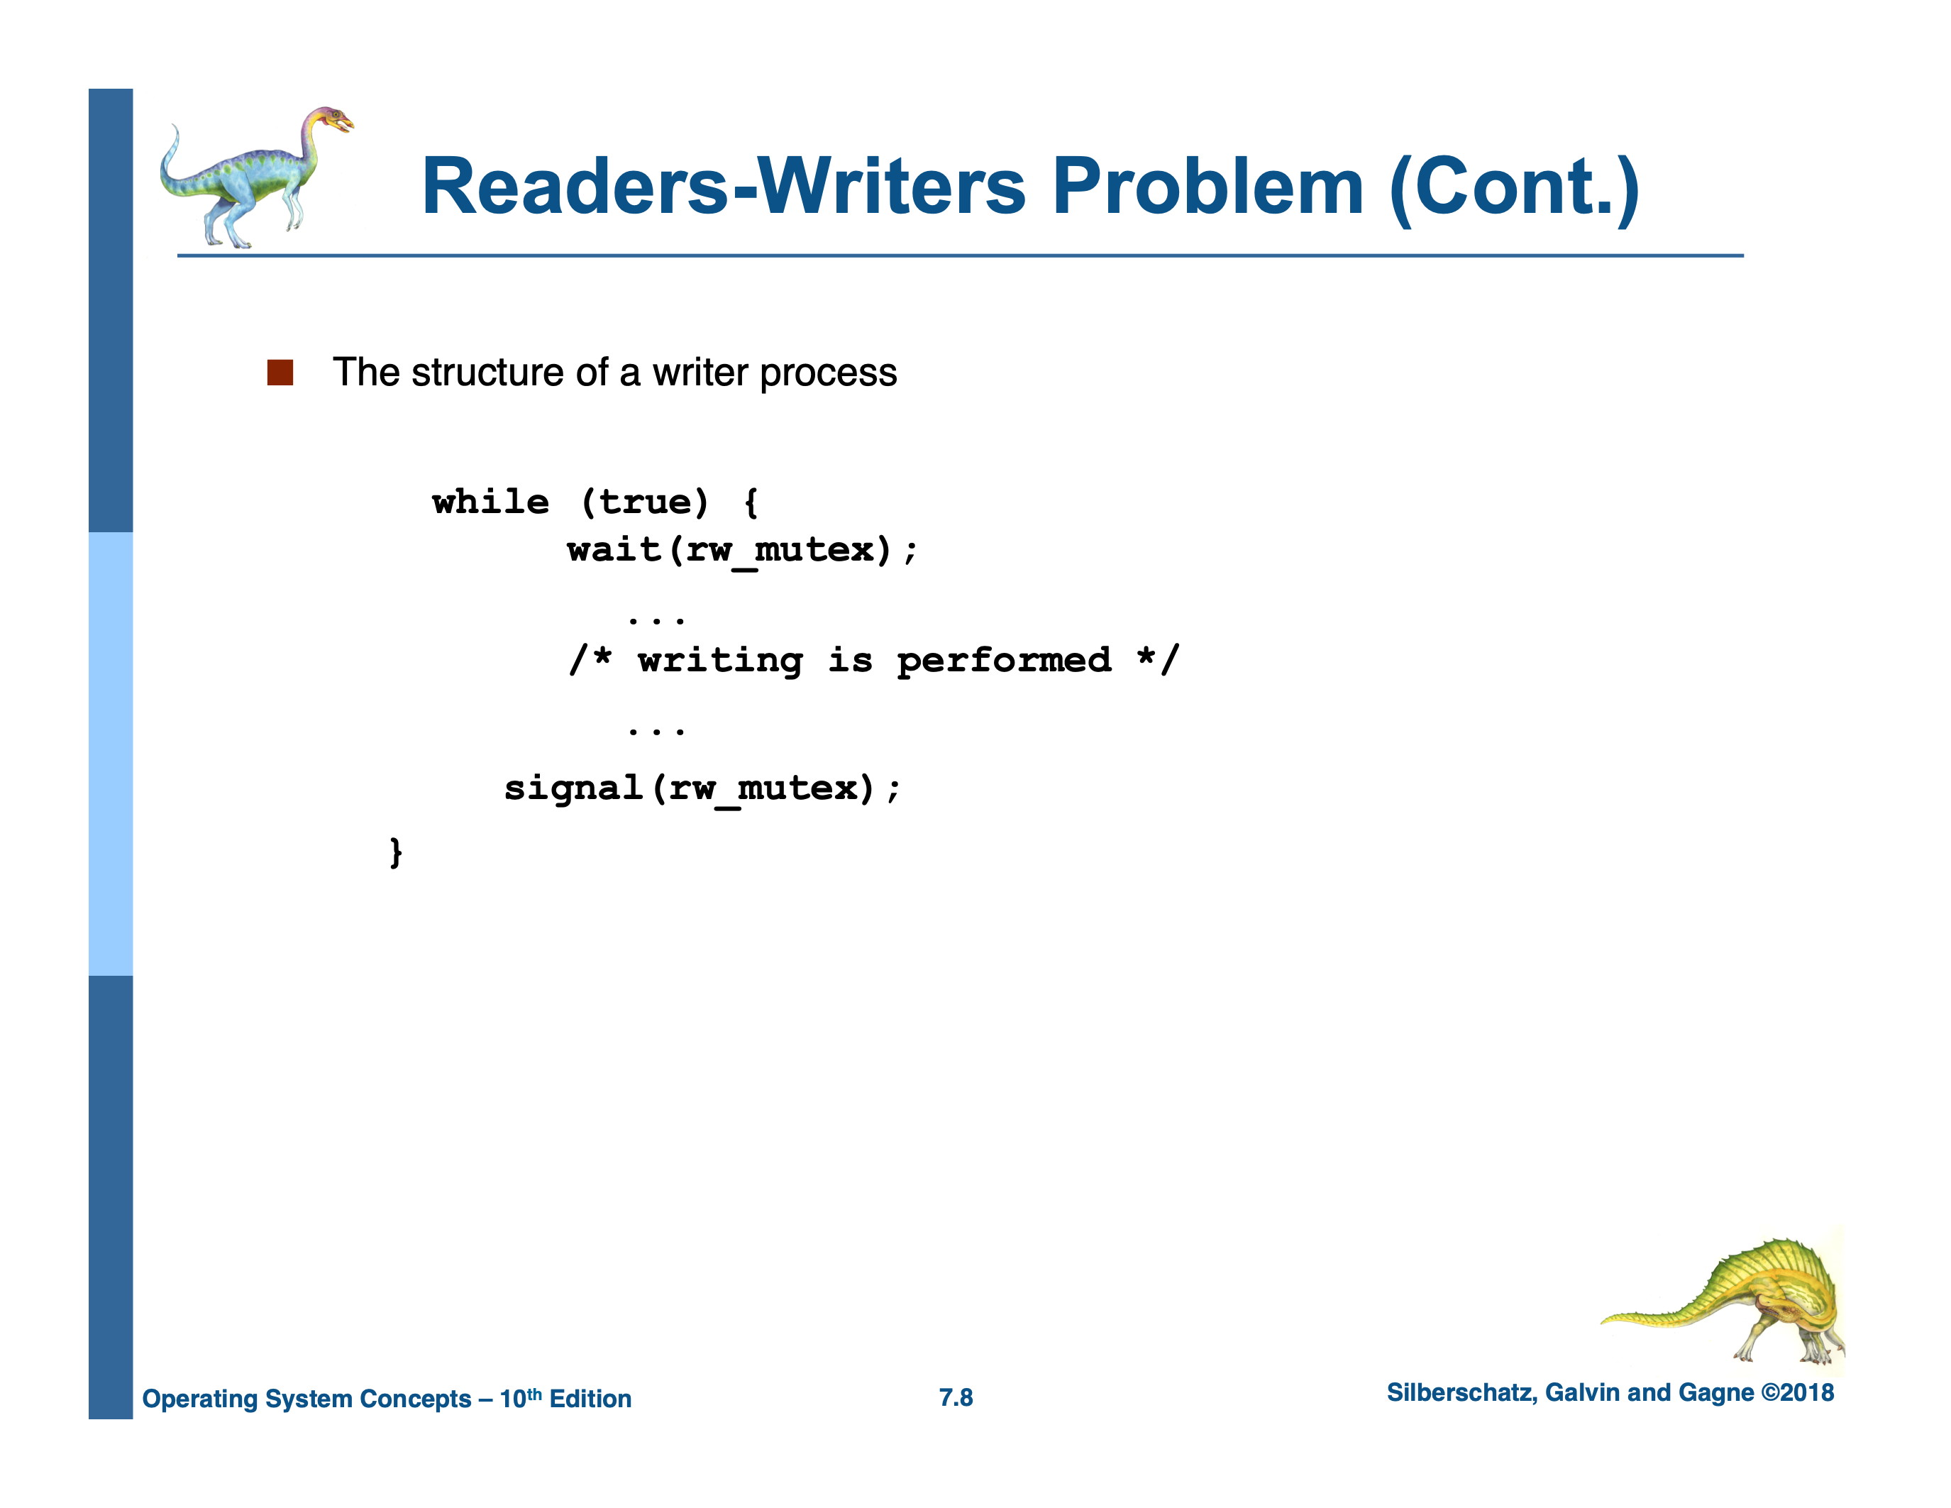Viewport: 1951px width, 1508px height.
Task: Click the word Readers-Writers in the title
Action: [724, 187]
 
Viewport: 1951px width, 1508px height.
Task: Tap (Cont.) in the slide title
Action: [1514, 187]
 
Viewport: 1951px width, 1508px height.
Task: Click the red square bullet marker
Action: [280, 373]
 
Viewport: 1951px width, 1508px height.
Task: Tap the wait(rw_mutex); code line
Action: [741, 549]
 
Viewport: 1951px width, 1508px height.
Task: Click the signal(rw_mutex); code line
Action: [702, 788]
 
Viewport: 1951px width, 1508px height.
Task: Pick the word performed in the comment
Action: [1004, 661]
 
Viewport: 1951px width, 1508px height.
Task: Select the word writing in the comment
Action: [720, 661]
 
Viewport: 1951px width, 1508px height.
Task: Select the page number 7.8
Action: [956, 1397]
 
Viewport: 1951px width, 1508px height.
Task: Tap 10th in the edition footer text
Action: [520, 1398]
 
